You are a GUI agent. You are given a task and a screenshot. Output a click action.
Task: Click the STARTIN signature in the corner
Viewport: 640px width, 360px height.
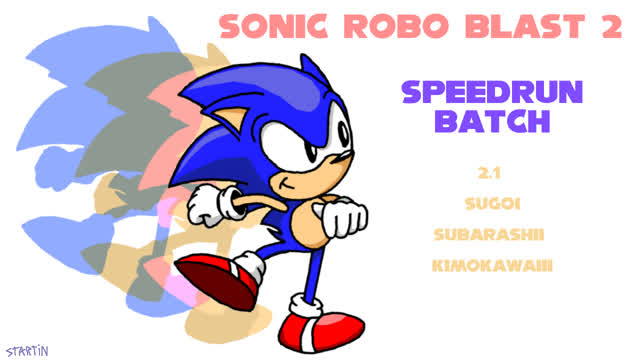pyautogui.click(x=26, y=350)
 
